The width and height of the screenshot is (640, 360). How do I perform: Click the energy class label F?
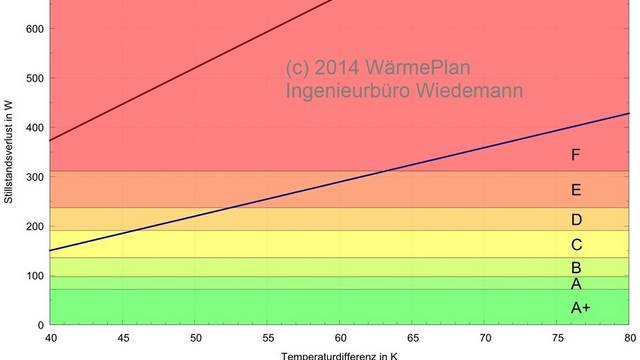[575, 155]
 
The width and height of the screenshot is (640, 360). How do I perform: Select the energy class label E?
[575, 190]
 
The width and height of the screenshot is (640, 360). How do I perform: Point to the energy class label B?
[575, 268]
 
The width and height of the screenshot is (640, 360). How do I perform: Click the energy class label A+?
[580, 308]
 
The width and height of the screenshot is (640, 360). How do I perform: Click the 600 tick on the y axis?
[33, 28]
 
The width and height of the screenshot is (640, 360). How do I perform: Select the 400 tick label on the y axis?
[33, 127]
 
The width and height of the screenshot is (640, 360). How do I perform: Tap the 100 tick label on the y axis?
[33, 275]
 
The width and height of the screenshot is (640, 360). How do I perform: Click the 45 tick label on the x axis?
[123, 337]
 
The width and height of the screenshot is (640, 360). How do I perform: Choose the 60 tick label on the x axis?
[341, 337]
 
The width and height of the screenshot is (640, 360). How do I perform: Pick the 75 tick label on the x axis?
[558, 337]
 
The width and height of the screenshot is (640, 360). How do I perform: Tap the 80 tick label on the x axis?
[630, 337]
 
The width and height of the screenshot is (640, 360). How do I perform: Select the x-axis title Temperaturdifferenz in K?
[340, 354]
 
